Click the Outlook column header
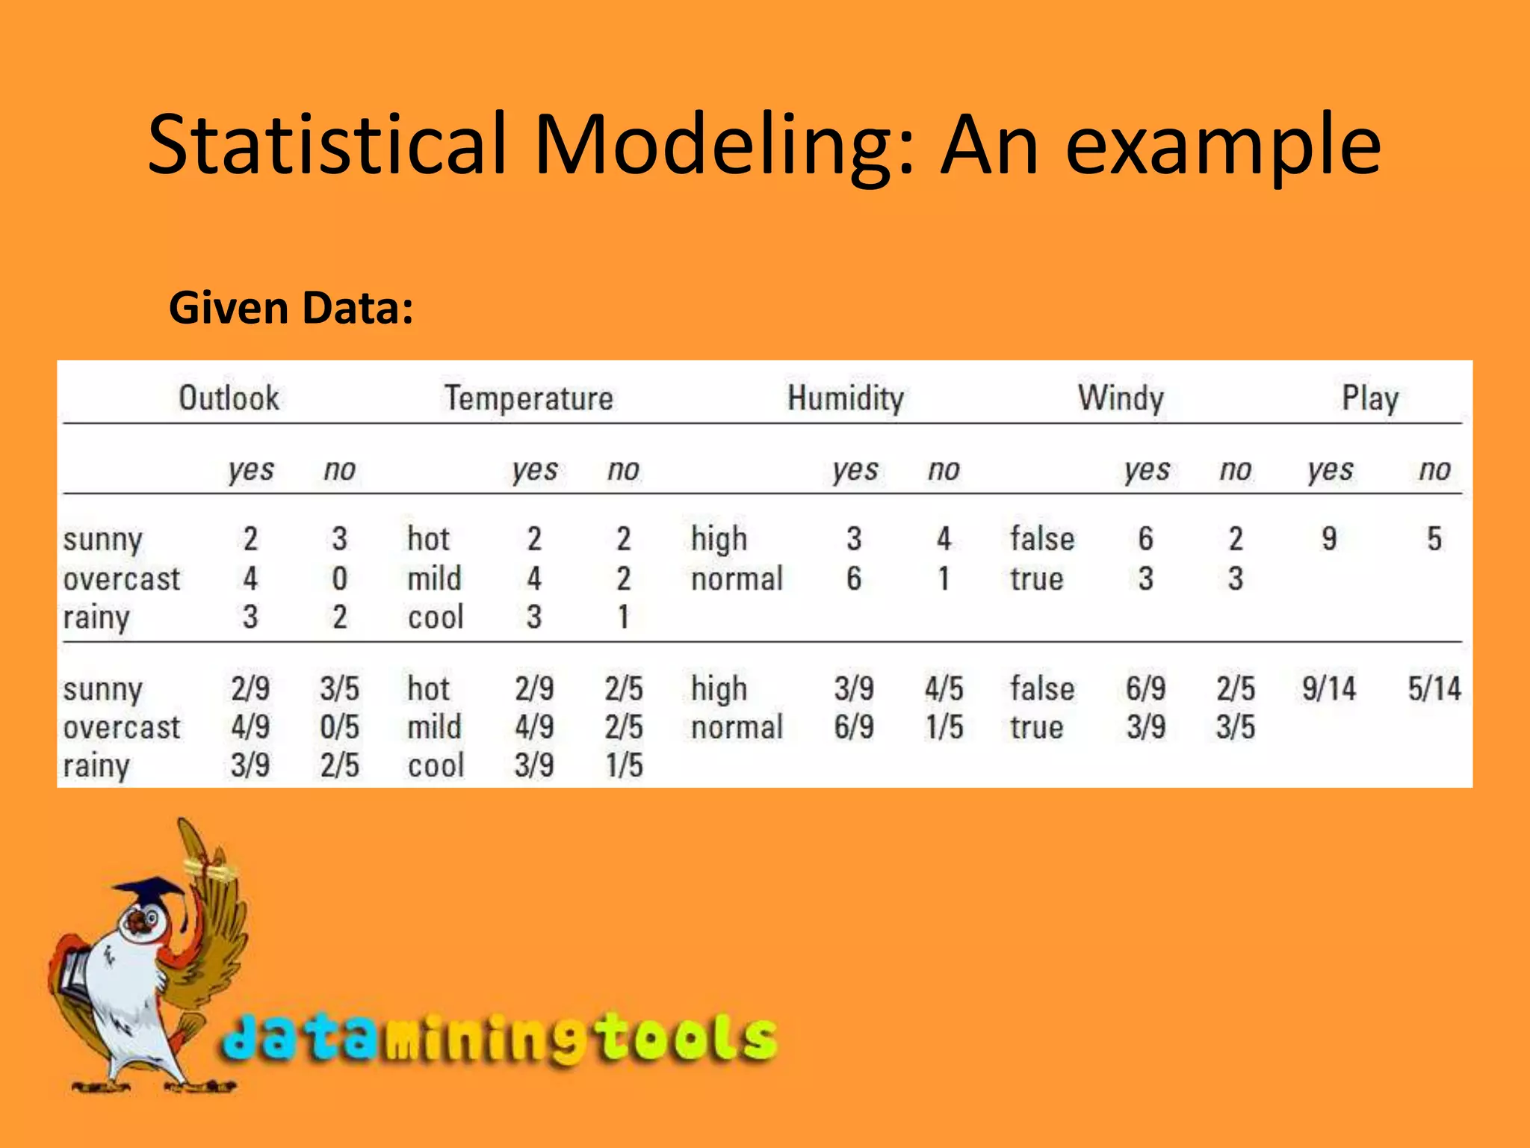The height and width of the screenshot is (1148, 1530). click(229, 398)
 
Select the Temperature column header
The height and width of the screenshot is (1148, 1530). click(529, 398)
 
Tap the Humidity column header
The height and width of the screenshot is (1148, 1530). click(846, 398)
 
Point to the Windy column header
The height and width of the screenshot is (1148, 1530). click(1121, 398)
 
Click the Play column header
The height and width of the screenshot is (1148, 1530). click(1370, 398)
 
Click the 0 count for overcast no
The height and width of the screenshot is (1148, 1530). click(339, 578)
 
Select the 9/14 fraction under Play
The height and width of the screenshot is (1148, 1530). click(1328, 688)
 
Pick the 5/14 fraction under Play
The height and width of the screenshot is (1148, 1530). click(1434, 688)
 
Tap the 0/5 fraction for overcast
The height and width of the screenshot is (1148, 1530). click(339, 727)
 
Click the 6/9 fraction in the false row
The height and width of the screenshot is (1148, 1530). click(1145, 688)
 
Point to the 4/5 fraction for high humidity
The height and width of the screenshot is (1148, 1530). click(944, 688)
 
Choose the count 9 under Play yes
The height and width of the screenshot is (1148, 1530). click(1329, 539)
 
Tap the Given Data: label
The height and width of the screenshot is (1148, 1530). click(291, 308)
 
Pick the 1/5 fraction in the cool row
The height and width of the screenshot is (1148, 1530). click(624, 766)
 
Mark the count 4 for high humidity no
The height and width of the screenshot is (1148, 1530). click(944, 539)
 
